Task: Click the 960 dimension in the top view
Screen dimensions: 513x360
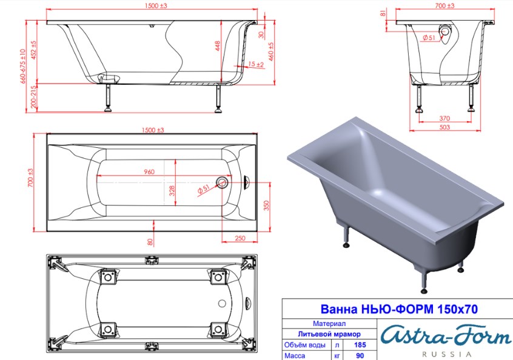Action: click(x=149, y=172)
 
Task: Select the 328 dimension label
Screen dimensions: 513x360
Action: click(x=172, y=191)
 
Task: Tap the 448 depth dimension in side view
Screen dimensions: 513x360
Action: click(x=218, y=46)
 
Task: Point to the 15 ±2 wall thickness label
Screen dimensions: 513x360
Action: click(x=256, y=64)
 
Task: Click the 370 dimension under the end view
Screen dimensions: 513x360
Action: click(x=444, y=118)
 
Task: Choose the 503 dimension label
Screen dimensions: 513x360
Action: click(x=444, y=127)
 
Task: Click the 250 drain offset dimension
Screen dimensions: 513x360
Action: click(x=240, y=238)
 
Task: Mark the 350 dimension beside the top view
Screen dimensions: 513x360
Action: click(x=266, y=205)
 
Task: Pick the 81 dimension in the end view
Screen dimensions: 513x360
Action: click(x=383, y=13)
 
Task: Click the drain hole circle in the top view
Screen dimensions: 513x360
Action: click(x=222, y=182)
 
